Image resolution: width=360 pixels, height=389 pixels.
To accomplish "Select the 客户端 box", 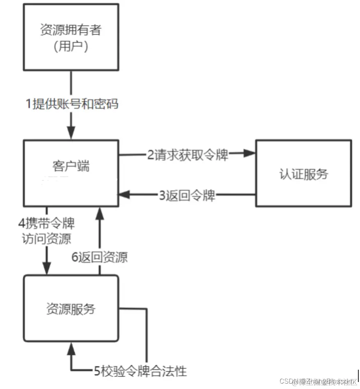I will (x=71, y=173).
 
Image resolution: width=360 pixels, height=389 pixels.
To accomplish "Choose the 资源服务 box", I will (x=71, y=308).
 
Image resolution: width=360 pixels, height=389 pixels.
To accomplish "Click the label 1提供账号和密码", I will (x=72, y=104).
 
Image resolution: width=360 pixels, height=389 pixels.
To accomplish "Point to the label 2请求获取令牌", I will (x=188, y=155).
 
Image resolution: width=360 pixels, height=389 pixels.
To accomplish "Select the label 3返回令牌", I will (x=187, y=195).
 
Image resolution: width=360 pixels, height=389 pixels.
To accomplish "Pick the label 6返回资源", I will (x=100, y=257).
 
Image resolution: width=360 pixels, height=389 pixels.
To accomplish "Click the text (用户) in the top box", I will (x=71, y=46).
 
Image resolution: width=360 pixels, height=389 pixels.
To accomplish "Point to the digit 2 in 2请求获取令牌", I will (x=151, y=155).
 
